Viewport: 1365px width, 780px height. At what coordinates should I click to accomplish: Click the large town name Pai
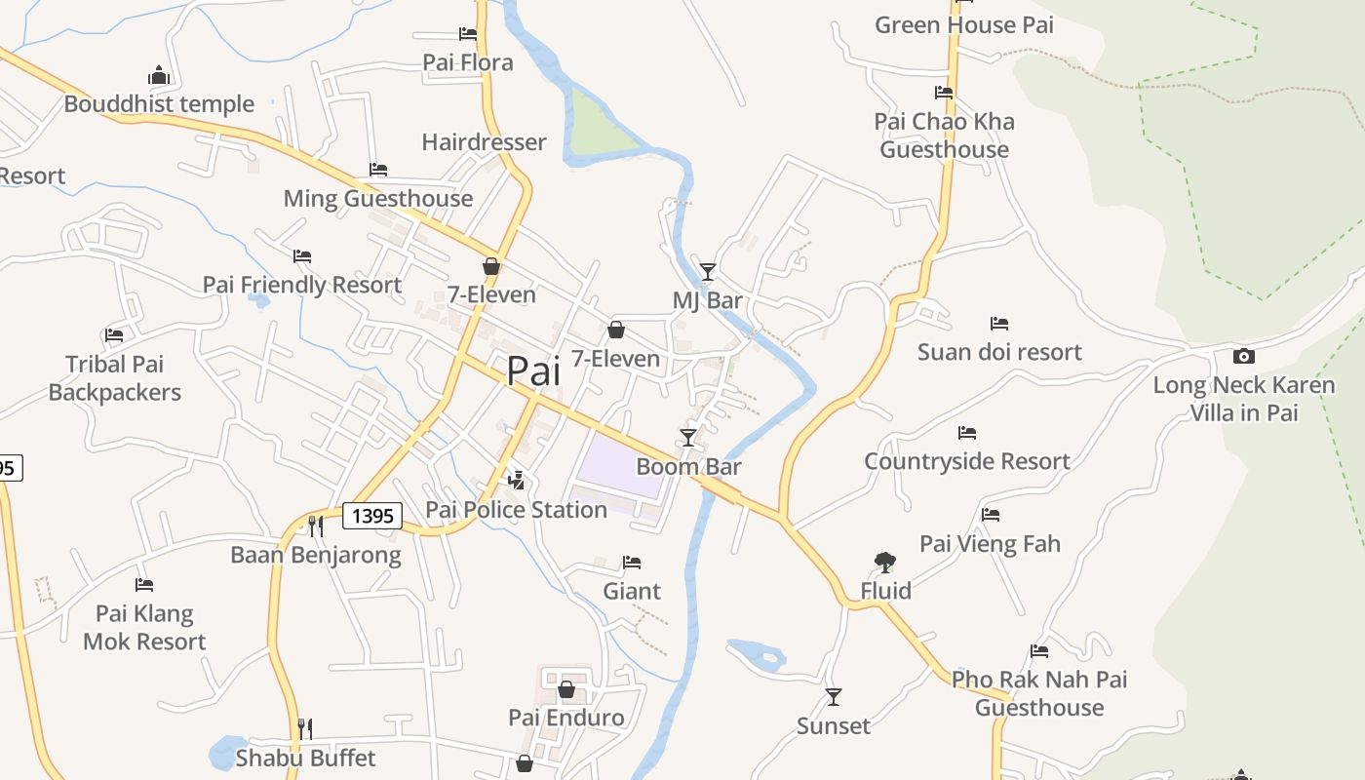(533, 371)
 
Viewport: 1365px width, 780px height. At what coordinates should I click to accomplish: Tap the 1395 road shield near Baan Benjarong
(372, 516)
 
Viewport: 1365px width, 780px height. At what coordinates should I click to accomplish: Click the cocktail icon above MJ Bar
(708, 272)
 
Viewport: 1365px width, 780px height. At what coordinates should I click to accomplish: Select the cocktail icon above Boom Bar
(688, 438)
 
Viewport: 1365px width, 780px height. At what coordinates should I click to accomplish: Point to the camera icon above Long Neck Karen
(1243, 357)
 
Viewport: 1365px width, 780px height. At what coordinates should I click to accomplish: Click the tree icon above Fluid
(885, 562)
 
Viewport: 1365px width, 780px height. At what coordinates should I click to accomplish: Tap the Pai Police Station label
(516, 510)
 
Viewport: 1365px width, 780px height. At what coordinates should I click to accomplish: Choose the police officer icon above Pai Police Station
(517, 480)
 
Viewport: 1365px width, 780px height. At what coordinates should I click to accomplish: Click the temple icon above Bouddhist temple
(159, 75)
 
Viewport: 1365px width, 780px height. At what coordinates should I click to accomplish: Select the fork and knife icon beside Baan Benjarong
(315, 526)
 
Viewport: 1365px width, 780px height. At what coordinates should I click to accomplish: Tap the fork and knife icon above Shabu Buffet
(305, 728)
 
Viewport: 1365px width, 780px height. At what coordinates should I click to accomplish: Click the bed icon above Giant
(632, 563)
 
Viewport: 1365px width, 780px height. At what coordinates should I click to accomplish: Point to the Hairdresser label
(484, 142)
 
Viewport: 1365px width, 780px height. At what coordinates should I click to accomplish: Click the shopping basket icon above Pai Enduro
(566, 690)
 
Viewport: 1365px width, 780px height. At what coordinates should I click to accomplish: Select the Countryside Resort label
(966, 461)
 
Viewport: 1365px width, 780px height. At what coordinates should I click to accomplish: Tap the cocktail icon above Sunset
(834, 697)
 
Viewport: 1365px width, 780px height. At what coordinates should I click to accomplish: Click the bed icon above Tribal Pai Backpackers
(114, 335)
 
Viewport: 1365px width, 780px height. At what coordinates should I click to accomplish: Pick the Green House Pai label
(963, 25)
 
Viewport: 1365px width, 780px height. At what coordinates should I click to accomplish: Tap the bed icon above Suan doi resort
(999, 324)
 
